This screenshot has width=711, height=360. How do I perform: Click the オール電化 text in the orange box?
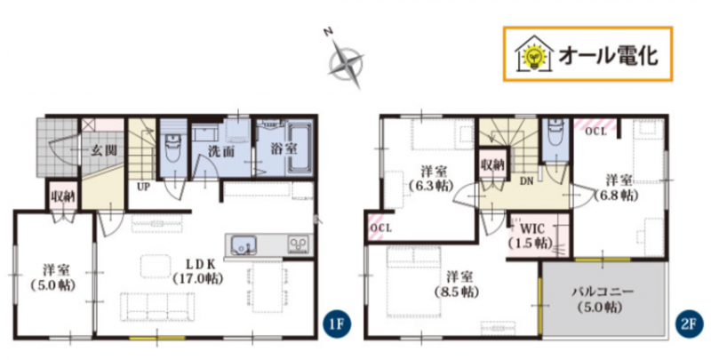pos(608,55)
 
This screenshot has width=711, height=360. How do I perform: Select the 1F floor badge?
pos(337,325)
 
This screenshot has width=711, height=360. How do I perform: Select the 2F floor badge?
pos(688,325)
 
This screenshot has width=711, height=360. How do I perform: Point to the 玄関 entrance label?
pos(102,150)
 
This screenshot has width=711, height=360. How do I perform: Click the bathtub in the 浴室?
pos(300,148)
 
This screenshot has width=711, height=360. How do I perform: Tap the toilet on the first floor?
pos(172,148)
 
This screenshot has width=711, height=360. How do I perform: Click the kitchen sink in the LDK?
pos(241,246)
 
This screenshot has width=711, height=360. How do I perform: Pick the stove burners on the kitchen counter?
pos(299,244)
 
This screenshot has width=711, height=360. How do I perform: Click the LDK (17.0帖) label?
pos(197,271)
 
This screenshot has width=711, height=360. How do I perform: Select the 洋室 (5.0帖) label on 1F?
pos(53,278)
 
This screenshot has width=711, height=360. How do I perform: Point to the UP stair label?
pos(143,186)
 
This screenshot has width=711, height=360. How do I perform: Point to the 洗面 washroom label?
pos(221,151)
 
